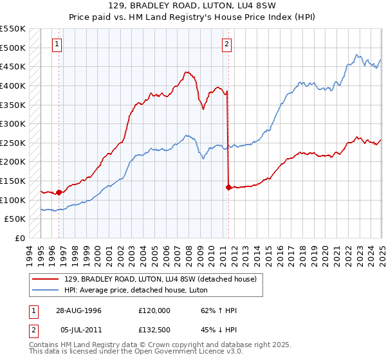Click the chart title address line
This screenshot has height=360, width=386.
[192, 6]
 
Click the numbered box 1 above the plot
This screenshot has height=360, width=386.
[58, 44]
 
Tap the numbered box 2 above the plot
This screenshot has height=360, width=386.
[227, 44]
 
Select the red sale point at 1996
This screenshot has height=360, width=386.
[59, 192]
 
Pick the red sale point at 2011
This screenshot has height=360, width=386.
[228, 187]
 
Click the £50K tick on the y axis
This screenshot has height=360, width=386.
[15, 219]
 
